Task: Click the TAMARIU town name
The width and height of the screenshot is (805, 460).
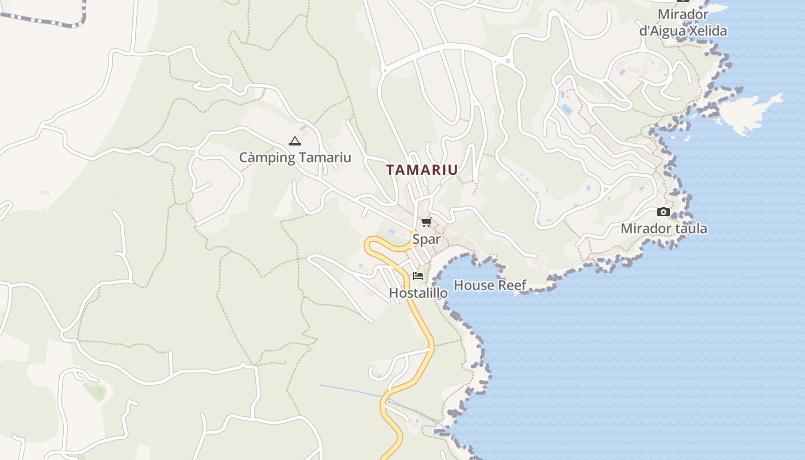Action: [422, 170]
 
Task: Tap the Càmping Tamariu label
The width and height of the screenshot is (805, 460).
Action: [294, 158]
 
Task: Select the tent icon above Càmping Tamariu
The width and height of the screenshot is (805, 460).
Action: [294, 141]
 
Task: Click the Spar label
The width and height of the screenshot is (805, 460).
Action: [426, 239]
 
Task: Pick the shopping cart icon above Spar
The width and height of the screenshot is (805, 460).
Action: [426, 223]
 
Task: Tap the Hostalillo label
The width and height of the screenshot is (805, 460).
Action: [418, 293]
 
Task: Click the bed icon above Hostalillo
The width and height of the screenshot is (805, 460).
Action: [418, 276]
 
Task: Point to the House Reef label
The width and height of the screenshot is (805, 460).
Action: [490, 285]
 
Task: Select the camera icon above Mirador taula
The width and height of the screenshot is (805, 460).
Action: [664, 212]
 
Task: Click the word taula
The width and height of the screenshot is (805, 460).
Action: [688, 228]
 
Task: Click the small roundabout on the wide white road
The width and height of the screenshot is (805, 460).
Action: [507, 60]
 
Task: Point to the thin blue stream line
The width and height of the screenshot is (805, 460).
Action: [351, 390]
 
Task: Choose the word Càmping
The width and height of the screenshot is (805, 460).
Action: [267, 158]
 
